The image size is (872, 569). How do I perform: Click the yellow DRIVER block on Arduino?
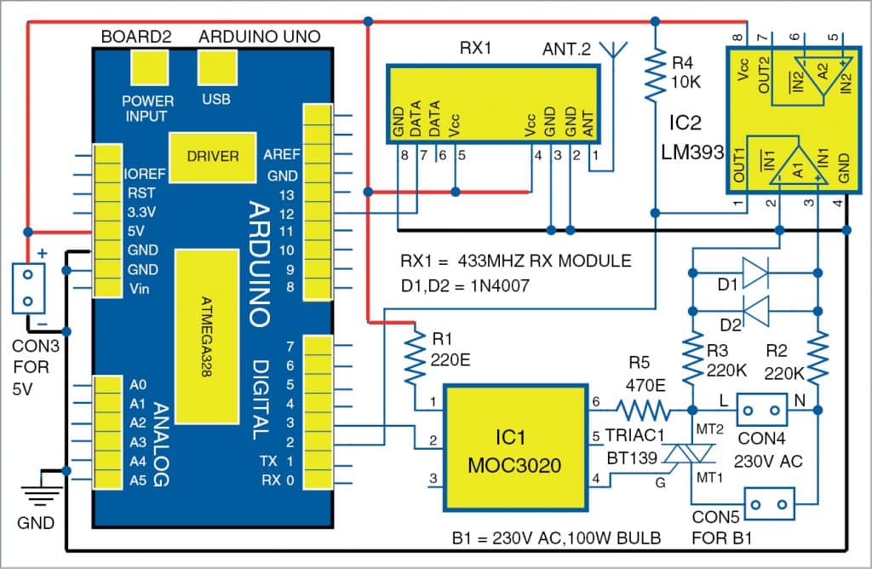point(212,157)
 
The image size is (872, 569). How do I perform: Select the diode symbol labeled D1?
point(755,273)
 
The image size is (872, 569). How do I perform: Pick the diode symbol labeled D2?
point(755,307)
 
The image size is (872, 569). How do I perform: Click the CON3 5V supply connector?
point(28,290)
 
